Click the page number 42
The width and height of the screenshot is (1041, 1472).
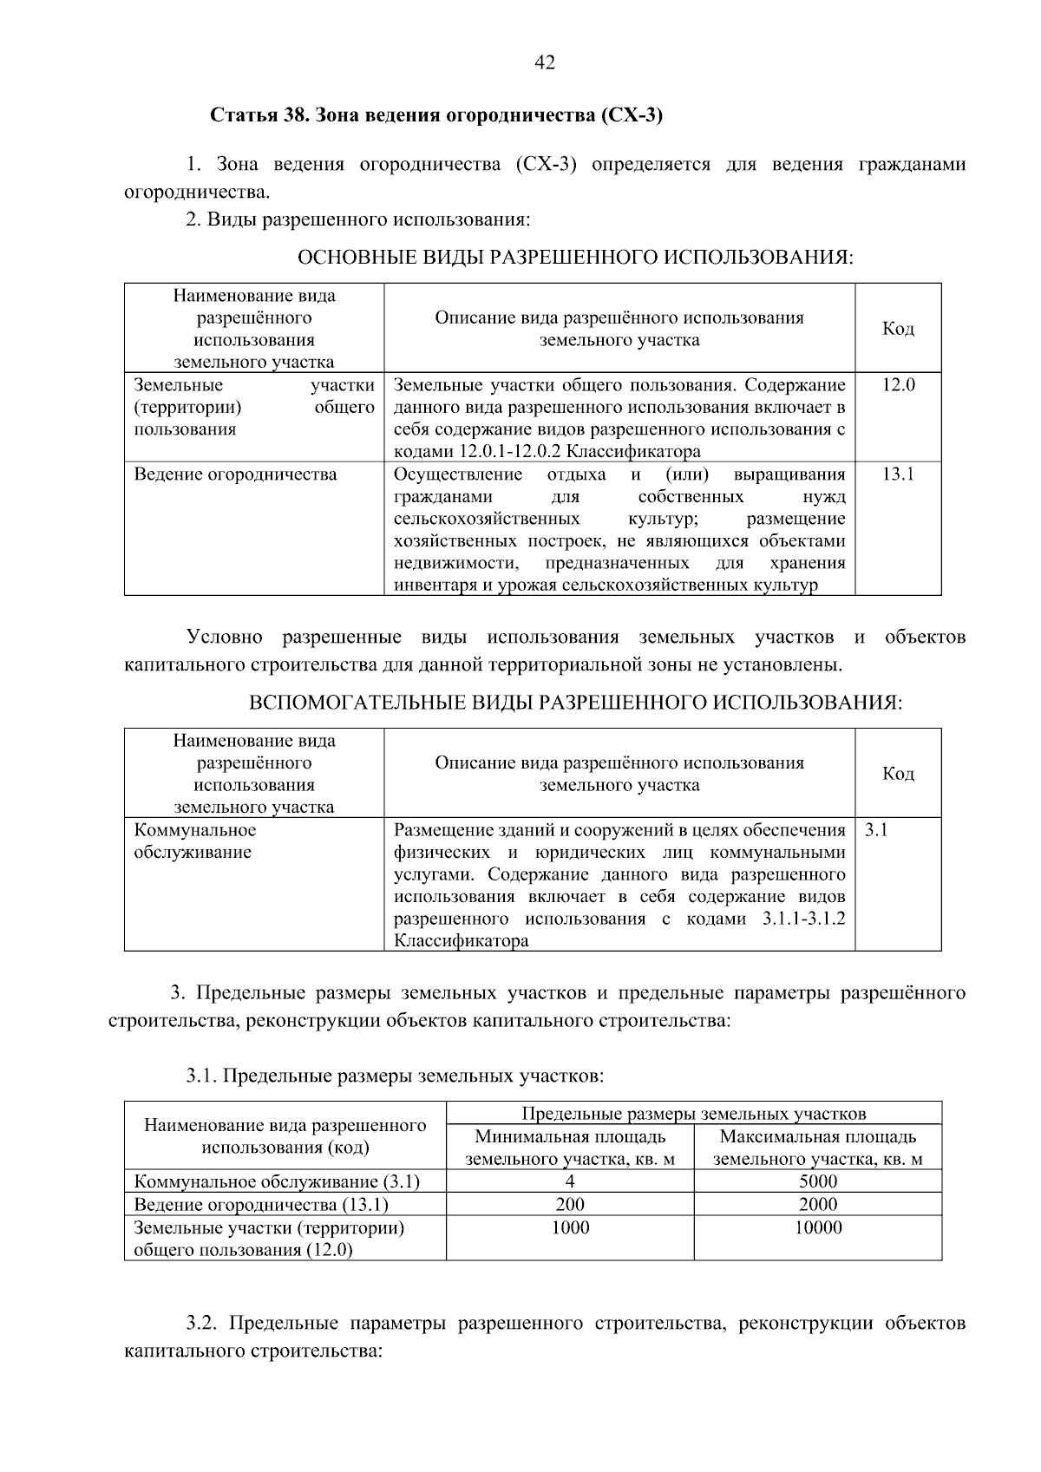[545, 62]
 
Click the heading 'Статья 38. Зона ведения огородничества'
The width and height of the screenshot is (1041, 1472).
[436, 115]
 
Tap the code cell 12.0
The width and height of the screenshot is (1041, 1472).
[898, 385]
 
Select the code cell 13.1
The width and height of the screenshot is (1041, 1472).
[898, 474]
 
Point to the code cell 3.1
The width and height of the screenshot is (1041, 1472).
[876, 830]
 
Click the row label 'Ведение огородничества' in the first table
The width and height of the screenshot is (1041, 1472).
[235, 474]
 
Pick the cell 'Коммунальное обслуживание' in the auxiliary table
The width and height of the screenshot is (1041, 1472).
[195, 841]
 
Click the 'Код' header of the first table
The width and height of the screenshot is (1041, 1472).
[898, 329]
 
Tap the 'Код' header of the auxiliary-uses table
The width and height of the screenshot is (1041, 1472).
[898, 774]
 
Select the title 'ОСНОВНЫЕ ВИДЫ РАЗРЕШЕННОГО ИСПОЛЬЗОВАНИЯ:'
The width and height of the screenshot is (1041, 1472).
[575, 258]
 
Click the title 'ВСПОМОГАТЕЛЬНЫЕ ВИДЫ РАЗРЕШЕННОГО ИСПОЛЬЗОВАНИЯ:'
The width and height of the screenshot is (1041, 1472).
[575, 703]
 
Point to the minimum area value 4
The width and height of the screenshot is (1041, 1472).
[570, 1181]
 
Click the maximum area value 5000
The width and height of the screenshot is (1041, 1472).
[818, 1181]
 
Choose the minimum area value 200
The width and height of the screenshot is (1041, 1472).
[570, 1204]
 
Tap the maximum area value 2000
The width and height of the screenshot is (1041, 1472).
[818, 1204]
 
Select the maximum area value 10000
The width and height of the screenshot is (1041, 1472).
[818, 1227]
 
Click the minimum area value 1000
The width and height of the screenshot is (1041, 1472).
[570, 1227]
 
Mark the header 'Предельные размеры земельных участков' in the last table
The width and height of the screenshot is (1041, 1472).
[694, 1114]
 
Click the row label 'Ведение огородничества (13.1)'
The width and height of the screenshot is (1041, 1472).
[261, 1204]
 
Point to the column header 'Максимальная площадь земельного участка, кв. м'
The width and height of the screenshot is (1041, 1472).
[818, 1148]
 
